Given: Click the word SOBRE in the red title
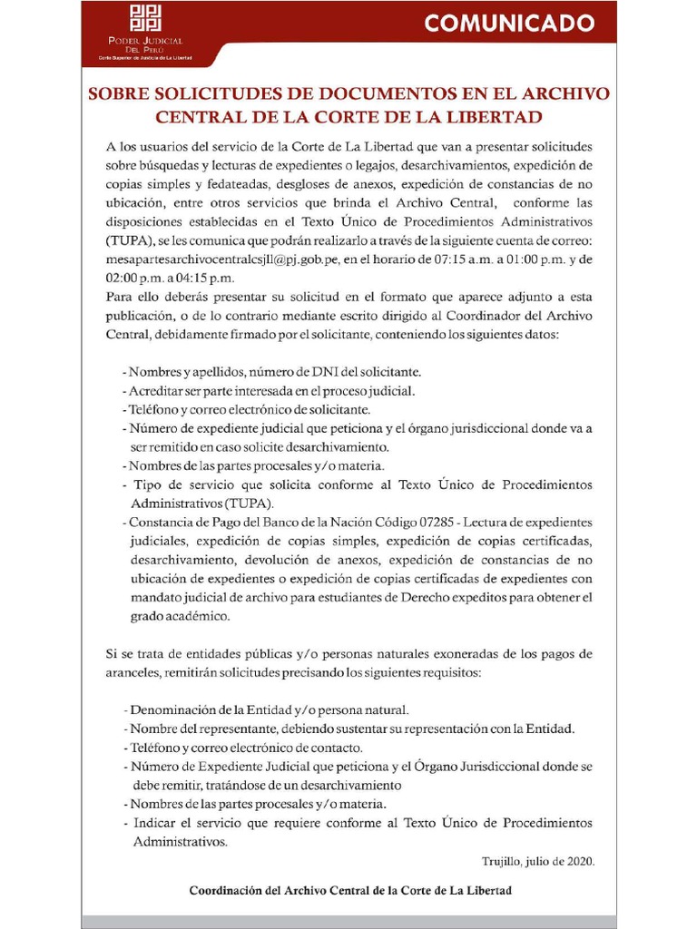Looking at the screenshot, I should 119,94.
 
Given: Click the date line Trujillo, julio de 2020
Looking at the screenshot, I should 538,862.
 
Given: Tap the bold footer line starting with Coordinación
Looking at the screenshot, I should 349,891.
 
